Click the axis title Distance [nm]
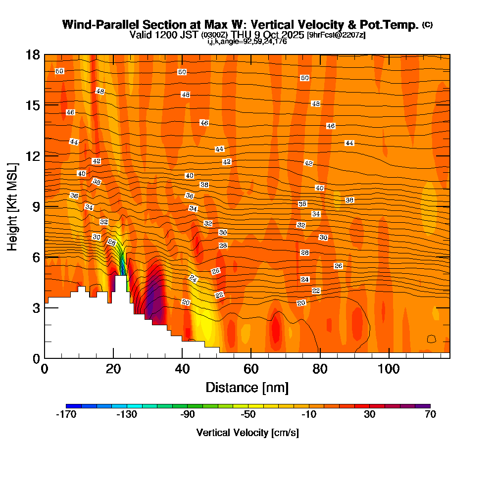point(247,387)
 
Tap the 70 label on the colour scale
point(430,415)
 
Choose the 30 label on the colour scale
point(369,415)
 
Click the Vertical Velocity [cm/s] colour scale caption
point(247,433)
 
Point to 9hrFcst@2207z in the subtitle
point(337,35)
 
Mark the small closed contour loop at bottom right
point(431,339)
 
